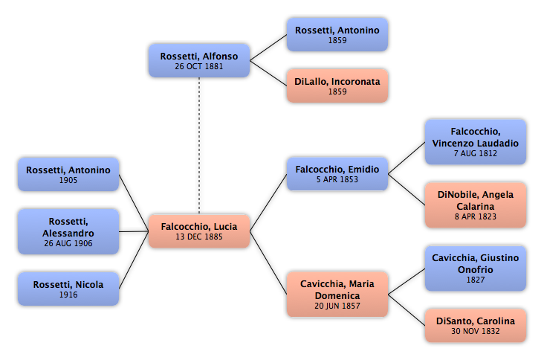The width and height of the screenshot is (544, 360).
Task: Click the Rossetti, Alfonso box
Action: coord(199,60)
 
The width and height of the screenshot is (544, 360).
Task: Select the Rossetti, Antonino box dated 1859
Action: coord(337,35)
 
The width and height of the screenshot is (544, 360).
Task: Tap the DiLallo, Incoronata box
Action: coord(337,86)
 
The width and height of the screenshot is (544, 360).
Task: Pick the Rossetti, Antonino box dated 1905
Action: coord(68,174)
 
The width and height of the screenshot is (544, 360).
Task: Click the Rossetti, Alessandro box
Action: coord(68,231)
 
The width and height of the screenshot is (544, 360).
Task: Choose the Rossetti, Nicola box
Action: coord(68,289)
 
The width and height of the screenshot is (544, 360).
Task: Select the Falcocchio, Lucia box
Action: coord(199,231)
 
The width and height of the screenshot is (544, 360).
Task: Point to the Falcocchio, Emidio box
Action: coord(337,174)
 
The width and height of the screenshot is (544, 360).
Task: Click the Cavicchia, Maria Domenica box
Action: coord(337,295)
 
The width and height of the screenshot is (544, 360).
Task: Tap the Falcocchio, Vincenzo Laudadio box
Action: coord(476,142)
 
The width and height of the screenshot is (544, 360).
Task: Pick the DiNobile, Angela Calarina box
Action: coord(476,205)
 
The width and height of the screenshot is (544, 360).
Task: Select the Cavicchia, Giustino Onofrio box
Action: coord(476,269)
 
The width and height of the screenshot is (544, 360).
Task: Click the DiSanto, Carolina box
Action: coord(476,326)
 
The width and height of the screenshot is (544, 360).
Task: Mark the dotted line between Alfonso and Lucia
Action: coord(199,146)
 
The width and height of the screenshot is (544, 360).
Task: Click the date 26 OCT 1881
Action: coord(199,66)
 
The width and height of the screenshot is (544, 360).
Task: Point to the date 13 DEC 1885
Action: coord(199,237)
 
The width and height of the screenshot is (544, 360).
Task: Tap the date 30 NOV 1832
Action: coord(476,331)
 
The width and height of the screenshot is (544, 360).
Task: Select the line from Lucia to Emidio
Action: coord(268,203)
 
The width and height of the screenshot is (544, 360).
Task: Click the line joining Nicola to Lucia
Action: coord(134,260)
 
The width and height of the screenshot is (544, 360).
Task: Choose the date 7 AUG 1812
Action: coord(476,153)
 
